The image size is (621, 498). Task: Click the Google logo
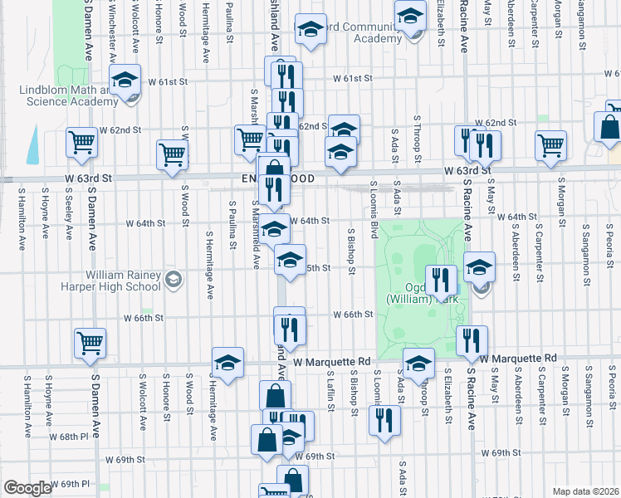coord(27,488)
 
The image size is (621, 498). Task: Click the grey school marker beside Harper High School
coord(173,280)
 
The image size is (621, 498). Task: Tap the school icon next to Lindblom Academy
coord(125,81)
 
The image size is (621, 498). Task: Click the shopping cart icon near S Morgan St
coord(551,144)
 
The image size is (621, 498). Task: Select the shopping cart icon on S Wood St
coord(172,154)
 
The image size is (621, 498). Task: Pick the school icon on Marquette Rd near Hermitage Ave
coord(227,362)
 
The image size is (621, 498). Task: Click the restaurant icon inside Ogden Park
coord(441,279)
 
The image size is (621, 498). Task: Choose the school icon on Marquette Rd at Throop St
coord(418,363)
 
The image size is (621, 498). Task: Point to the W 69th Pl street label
coord(70,483)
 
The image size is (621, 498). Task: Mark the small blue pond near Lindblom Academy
coord(32,145)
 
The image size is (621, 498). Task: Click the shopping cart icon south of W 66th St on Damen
coord(90,342)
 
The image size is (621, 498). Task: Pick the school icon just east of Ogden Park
coord(480,267)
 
